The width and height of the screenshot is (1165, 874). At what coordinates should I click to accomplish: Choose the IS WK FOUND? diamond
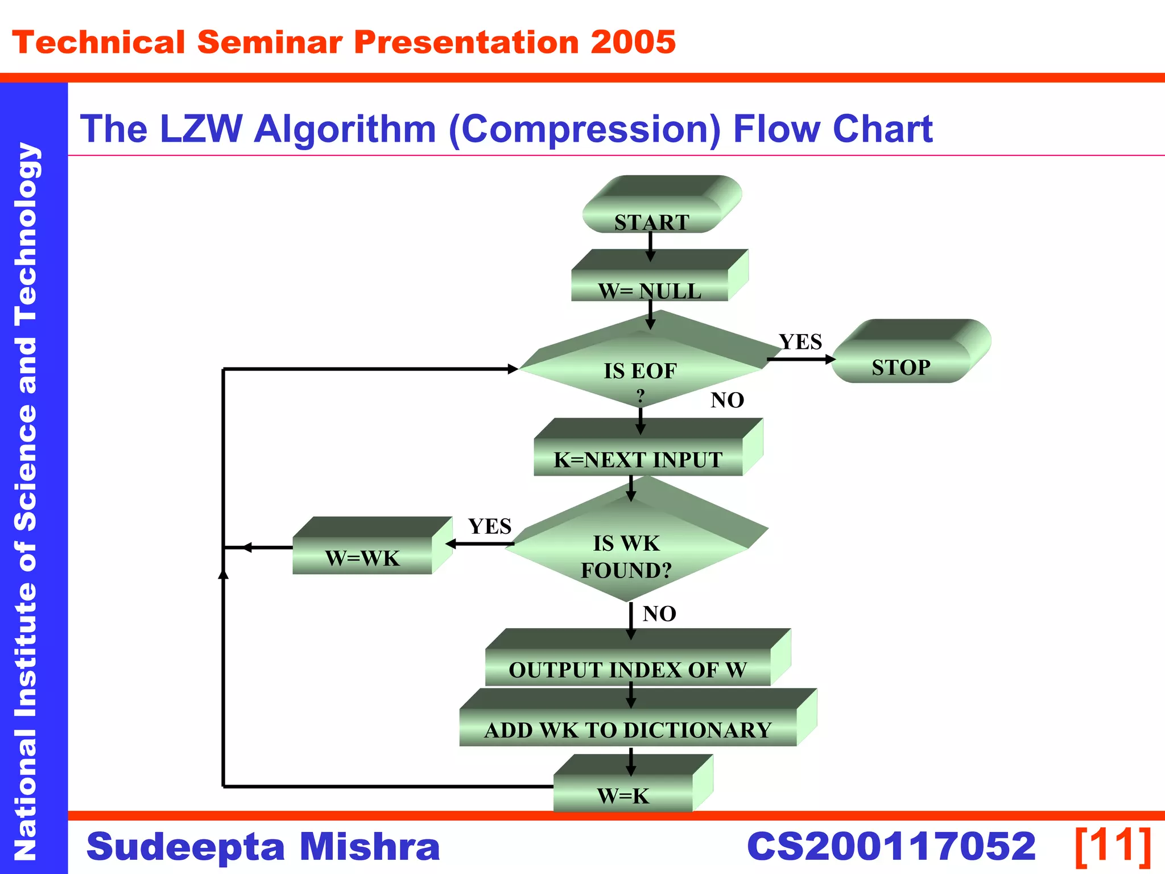[626, 555]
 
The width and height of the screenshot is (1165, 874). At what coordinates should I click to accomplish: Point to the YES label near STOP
[800, 341]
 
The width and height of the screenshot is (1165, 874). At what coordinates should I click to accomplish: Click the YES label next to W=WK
[489, 526]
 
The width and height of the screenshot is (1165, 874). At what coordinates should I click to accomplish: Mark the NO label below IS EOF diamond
[727, 400]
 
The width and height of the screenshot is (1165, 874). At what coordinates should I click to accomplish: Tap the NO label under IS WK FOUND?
[659, 613]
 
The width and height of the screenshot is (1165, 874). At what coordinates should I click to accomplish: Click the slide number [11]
[1113, 846]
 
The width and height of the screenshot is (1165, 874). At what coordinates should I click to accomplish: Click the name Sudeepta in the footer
[185, 847]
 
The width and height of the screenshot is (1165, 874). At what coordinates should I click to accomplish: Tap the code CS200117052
[891, 846]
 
